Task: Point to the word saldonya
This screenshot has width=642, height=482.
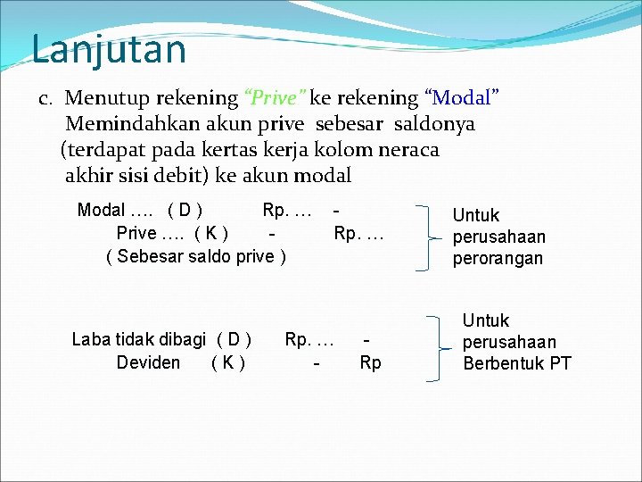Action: coord(432,123)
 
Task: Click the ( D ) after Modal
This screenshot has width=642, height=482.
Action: coord(185,211)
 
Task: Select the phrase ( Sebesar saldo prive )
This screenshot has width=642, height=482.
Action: coord(196,257)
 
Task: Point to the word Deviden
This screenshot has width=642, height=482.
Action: coord(148,362)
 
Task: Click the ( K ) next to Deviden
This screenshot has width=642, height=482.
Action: coord(228,362)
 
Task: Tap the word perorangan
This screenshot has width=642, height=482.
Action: coord(498,259)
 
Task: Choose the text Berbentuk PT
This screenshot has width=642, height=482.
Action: coord(517,363)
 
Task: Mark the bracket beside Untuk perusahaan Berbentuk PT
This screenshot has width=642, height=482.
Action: coord(437,347)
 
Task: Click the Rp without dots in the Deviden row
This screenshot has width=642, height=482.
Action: coord(370,362)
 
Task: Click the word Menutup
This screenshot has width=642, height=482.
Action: coord(106,97)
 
